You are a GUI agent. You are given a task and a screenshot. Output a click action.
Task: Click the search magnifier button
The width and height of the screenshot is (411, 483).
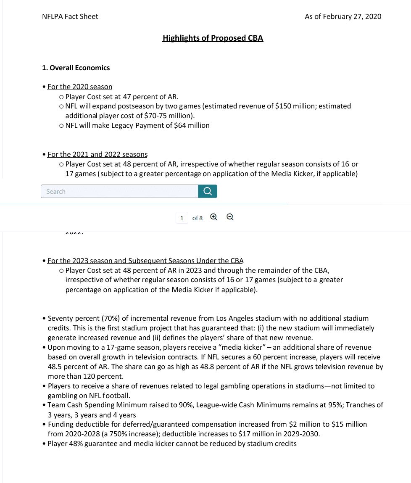pyautogui.click(x=208, y=191)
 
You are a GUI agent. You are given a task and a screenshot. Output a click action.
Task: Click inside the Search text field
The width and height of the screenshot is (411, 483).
pyautogui.click(x=119, y=191)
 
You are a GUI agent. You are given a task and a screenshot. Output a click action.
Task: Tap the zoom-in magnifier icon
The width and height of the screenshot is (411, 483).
pyautogui.click(x=213, y=217)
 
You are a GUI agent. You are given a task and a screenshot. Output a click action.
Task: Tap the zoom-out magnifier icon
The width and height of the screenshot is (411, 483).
pyautogui.click(x=230, y=217)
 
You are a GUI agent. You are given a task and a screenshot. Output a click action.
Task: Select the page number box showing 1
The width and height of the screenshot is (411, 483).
pyautogui.click(x=182, y=218)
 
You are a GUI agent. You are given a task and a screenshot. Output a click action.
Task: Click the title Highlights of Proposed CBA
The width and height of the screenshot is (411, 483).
pyautogui.click(x=213, y=38)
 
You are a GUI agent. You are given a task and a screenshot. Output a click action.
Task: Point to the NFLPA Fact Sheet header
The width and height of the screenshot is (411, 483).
pyautogui.click(x=70, y=16)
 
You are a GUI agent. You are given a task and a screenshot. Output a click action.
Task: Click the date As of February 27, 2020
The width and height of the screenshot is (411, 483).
pyautogui.click(x=343, y=16)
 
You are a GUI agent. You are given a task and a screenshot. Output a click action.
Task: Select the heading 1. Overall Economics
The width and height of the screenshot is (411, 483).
pyautogui.click(x=76, y=68)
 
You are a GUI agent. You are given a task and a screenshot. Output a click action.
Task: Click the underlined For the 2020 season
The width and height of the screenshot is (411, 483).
pyautogui.click(x=80, y=87)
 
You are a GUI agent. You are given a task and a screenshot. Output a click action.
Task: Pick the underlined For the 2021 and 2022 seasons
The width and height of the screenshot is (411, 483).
pyautogui.click(x=97, y=154)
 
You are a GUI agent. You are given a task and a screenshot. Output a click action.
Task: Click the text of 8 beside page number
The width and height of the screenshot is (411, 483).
pyautogui.click(x=198, y=218)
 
